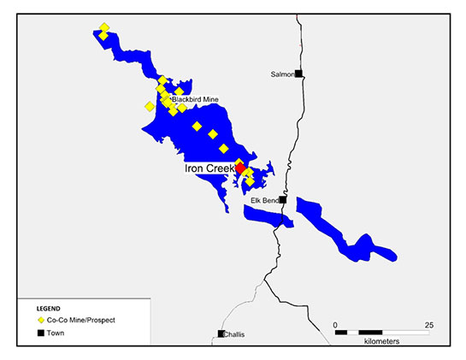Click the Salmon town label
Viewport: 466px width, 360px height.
point(282,74)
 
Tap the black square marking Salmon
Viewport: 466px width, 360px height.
point(298,74)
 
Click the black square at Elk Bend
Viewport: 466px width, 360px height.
point(282,200)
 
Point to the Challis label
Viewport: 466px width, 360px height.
point(234,334)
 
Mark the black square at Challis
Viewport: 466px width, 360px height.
point(221,333)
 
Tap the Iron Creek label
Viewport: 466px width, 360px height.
point(209,169)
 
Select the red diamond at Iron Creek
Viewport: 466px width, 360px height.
point(240,167)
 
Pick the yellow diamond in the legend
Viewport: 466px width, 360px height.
point(39,319)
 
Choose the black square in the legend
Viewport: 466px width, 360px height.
point(39,331)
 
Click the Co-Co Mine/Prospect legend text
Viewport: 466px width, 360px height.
point(81,319)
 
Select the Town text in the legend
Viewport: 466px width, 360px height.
point(59,331)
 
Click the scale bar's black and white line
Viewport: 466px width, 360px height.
point(382,331)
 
